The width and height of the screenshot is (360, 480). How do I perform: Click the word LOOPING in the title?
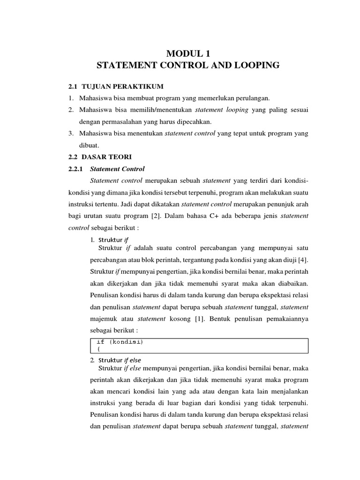254,66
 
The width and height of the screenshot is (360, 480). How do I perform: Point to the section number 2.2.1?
75,169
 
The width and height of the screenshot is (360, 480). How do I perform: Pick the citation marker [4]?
302,260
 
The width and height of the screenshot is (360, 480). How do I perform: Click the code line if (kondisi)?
120,342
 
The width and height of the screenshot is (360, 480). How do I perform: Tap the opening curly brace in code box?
98,349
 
